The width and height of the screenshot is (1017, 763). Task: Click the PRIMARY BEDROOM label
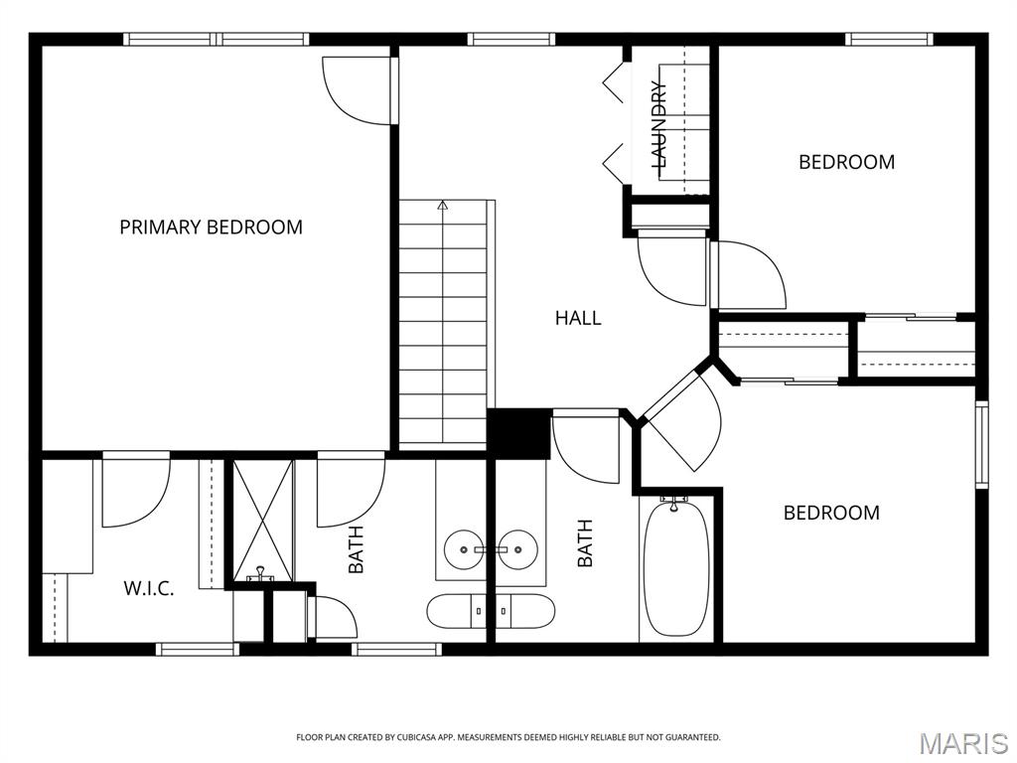[211, 227]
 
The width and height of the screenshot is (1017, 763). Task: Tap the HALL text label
[578, 318]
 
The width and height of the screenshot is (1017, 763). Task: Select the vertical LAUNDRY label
[658, 124]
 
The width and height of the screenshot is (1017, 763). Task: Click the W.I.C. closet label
[149, 588]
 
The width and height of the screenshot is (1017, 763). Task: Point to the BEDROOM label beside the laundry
[846, 162]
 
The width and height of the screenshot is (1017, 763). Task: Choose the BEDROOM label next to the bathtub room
[831, 513]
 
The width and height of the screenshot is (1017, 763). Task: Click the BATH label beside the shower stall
[356, 549]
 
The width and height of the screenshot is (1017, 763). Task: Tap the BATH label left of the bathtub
[585, 543]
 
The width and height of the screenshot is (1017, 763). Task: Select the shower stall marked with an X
[263, 520]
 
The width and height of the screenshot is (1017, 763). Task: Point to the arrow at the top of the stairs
[443, 206]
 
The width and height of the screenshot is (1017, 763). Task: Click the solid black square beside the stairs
[518, 434]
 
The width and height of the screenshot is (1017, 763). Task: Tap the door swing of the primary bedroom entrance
[358, 91]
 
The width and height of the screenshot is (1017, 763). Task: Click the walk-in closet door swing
[133, 493]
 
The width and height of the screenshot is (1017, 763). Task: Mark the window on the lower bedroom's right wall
[981, 444]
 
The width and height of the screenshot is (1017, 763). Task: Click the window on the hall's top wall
[510, 40]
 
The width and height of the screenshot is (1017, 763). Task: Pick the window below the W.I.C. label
[198, 650]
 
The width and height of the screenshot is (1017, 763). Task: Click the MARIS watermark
[962, 742]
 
